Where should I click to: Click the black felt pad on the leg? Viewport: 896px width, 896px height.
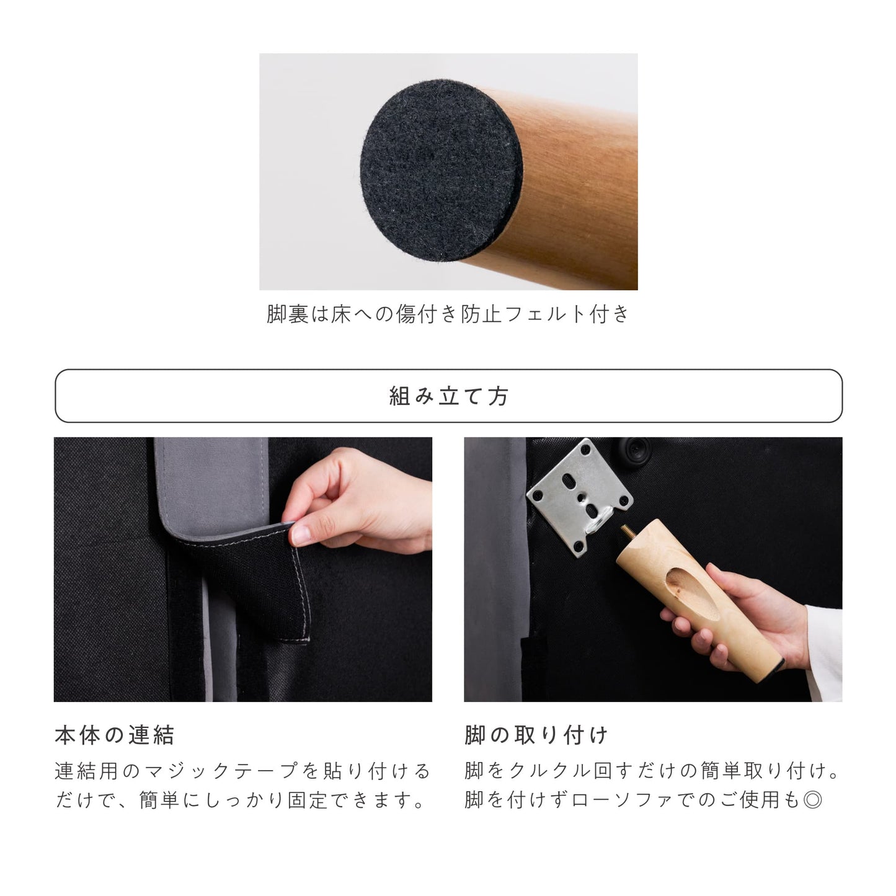[x=441, y=170]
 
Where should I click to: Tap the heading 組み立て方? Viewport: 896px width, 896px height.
[x=448, y=396]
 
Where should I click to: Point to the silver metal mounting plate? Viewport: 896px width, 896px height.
[x=579, y=497]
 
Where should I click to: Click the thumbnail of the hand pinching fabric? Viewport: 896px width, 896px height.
[x=242, y=569]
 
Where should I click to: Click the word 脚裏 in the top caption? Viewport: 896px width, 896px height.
[x=287, y=314]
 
